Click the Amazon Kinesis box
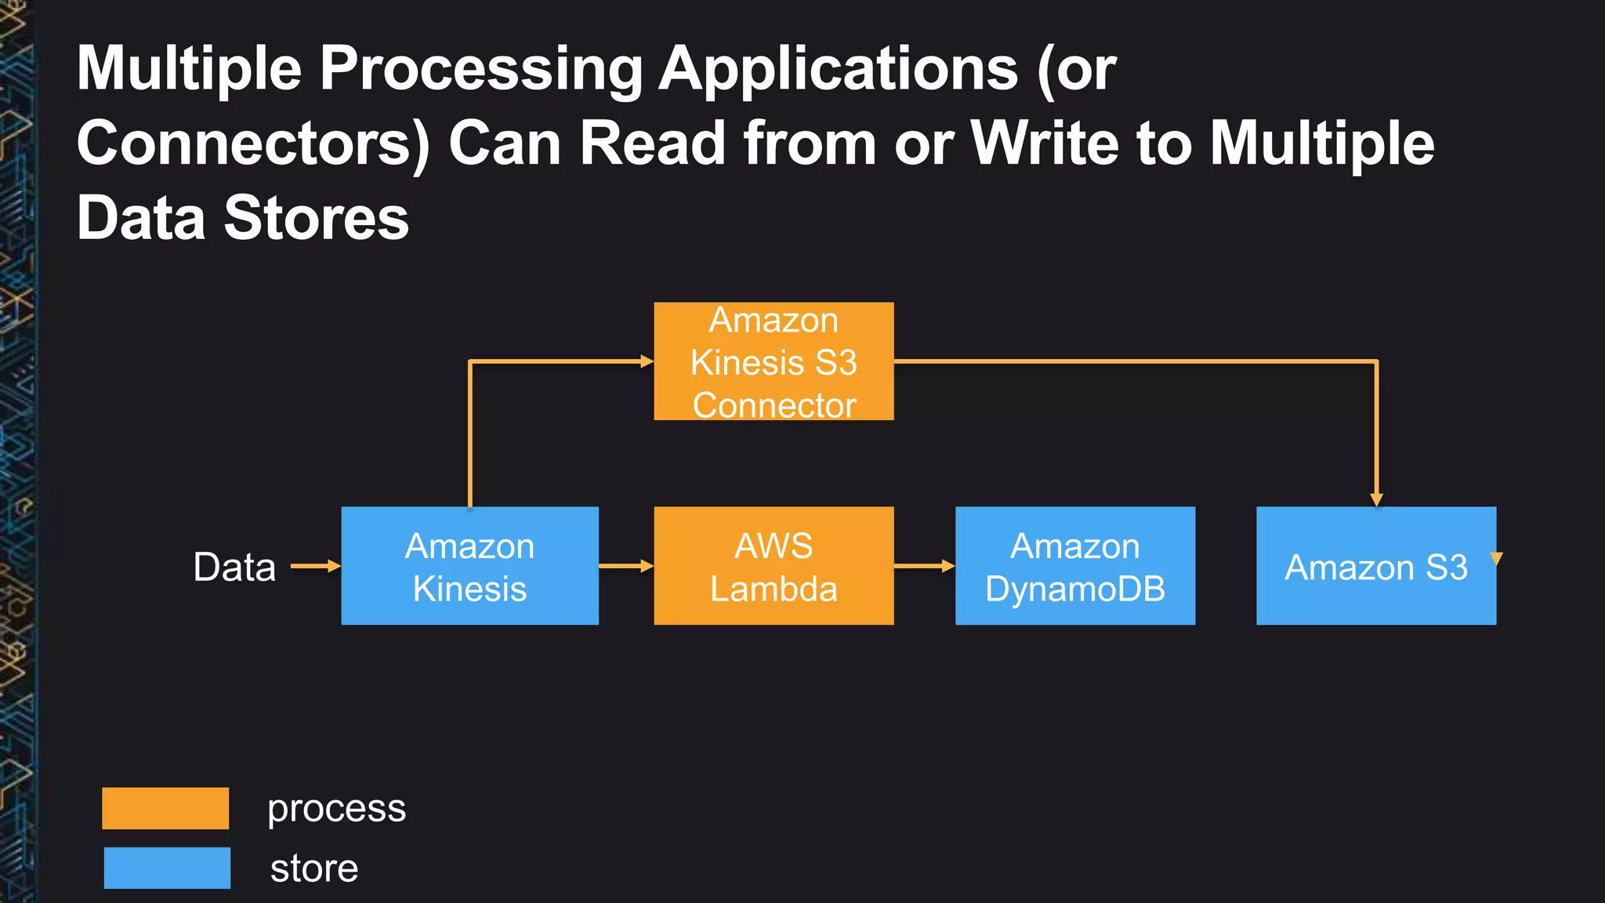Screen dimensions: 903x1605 click(469, 566)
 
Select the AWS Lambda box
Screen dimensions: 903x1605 click(774, 566)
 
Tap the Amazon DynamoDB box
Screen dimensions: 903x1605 click(1075, 566)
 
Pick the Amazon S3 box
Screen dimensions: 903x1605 click(1375, 566)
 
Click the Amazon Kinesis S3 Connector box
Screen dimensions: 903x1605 click(774, 361)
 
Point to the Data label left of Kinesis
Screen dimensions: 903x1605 click(234, 567)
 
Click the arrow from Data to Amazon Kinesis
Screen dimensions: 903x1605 click(316, 566)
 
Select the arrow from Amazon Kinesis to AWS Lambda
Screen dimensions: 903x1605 click(626, 566)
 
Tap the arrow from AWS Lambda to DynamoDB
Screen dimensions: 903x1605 click(925, 566)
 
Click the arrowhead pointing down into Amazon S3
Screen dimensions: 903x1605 click(1377, 500)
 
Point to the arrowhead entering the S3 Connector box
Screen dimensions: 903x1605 click(647, 361)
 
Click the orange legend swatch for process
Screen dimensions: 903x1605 click(165, 808)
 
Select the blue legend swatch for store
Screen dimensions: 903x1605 click(167, 868)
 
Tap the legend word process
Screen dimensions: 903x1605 click(336, 809)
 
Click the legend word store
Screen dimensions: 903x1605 click(314, 869)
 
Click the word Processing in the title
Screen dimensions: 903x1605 click(480, 69)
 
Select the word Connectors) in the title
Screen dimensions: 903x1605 click(253, 143)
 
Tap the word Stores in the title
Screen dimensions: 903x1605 click(317, 218)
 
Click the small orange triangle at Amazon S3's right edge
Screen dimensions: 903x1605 click(1497, 558)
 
